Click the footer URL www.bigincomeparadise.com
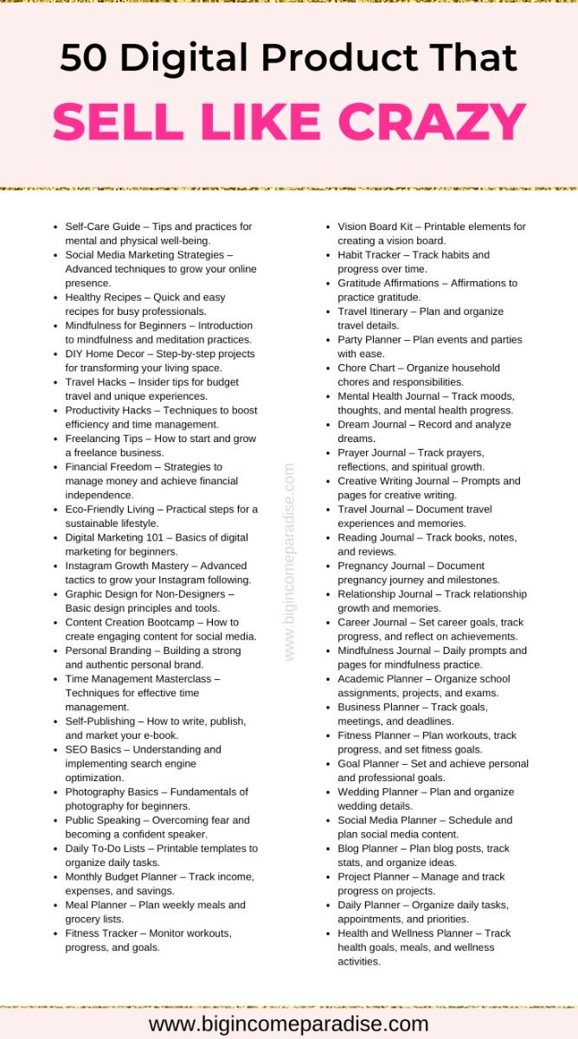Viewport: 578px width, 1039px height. pyautogui.click(x=289, y=1024)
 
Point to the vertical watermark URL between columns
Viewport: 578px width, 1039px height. pyautogui.click(x=289, y=562)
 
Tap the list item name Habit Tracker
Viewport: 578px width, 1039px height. pyautogui.click(x=370, y=255)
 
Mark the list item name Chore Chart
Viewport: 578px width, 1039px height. pyautogui.click(x=368, y=368)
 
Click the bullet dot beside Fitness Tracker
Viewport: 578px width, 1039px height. pyautogui.click(x=56, y=934)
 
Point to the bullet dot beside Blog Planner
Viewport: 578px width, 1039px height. pyautogui.click(x=329, y=849)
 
